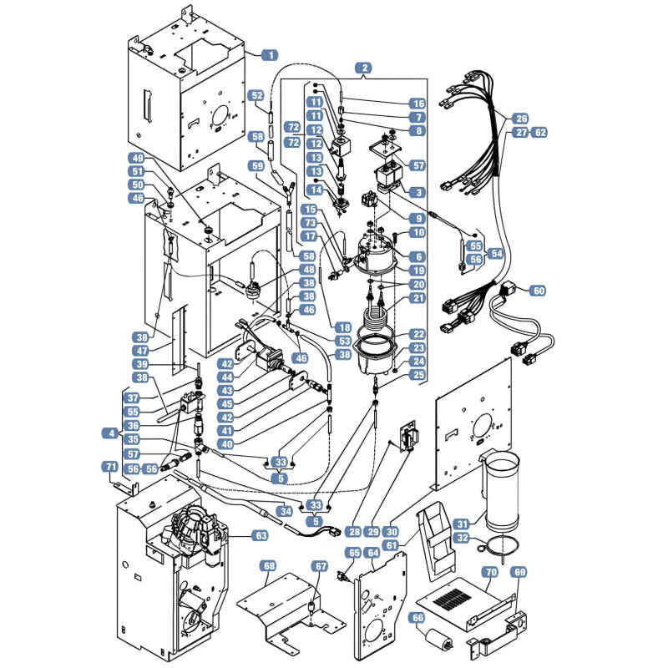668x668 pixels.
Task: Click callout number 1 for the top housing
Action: tap(269, 55)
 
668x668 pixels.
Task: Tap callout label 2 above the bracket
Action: tap(364, 68)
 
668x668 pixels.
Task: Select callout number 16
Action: tap(417, 104)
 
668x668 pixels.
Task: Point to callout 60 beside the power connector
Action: tap(539, 291)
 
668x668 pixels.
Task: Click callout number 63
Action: tap(261, 535)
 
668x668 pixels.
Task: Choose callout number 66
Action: tap(417, 618)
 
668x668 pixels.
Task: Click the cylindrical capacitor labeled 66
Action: tap(439, 639)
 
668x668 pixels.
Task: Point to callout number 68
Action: tap(269, 566)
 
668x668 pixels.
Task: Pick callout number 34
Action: tap(286, 510)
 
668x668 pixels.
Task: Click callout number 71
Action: tap(111, 467)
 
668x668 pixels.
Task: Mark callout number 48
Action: tap(308, 269)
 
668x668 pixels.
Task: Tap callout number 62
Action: tap(540, 133)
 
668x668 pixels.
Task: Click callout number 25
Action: tap(417, 375)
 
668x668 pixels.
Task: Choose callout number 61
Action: tap(391, 545)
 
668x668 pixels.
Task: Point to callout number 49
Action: tap(138, 159)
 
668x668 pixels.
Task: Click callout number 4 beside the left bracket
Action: tap(111, 433)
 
